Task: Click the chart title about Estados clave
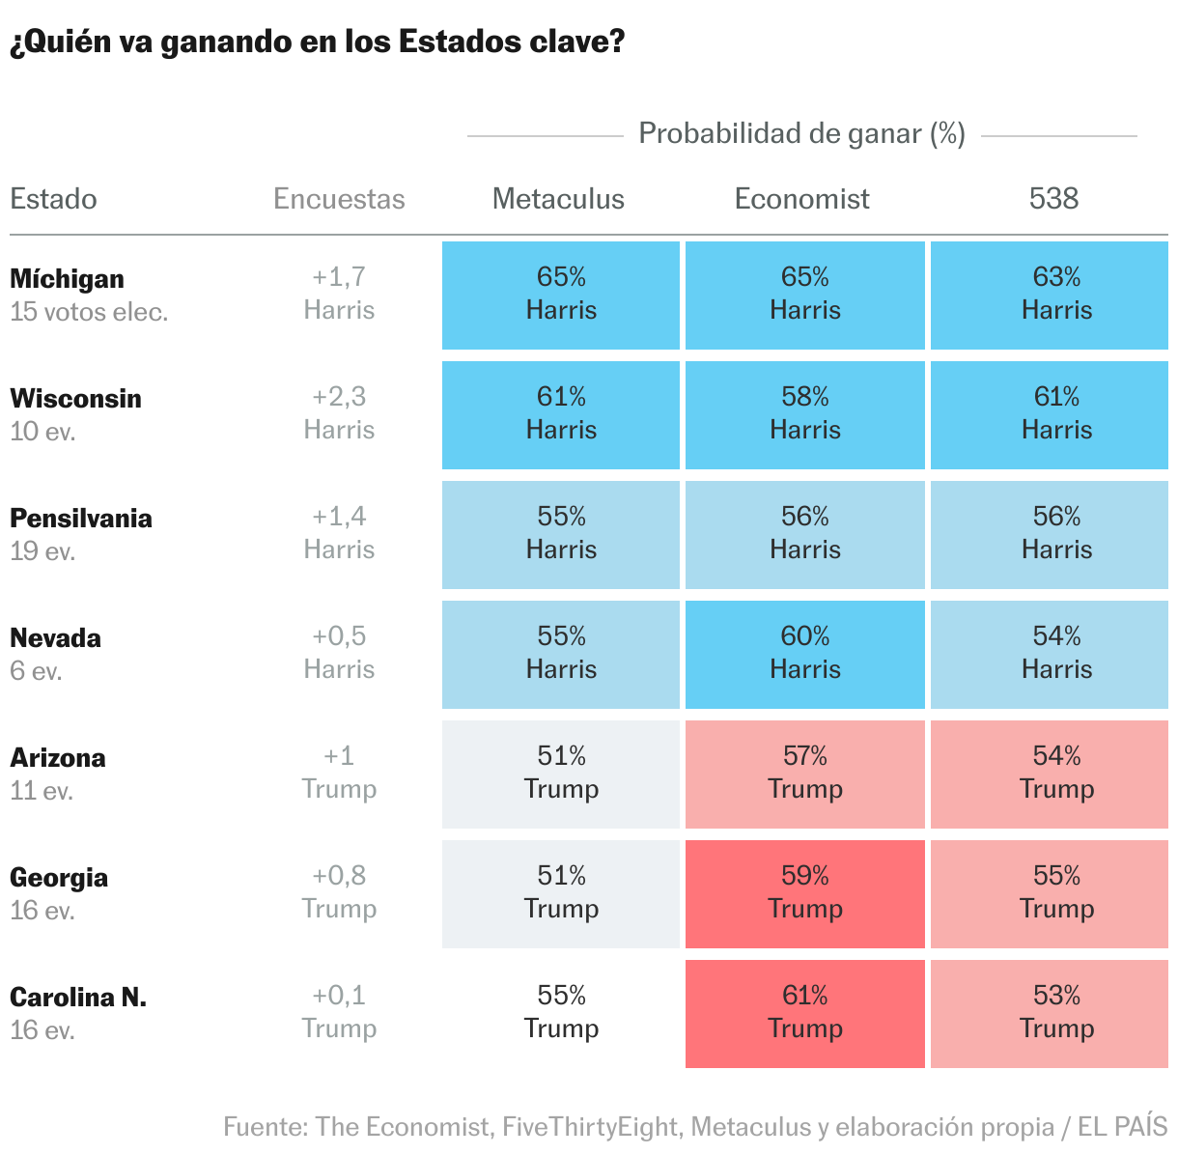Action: (x=317, y=42)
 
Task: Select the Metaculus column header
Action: (x=558, y=199)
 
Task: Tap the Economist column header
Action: (x=801, y=199)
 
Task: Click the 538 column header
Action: (x=1053, y=199)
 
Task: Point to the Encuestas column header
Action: (x=339, y=199)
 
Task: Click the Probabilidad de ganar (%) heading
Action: (x=801, y=133)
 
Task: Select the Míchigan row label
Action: (x=68, y=279)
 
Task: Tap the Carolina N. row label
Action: (x=78, y=998)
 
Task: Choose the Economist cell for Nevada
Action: (x=804, y=654)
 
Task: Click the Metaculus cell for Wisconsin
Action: (x=561, y=414)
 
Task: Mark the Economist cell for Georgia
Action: (x=804, y=893)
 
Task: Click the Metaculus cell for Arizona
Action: (x=561, y=774)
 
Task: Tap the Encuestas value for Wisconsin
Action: (x=339, y=413)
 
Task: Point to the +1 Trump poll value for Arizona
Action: (x=339, y=773)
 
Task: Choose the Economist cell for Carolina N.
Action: (x=804, y=1013)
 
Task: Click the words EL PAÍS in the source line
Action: (x=1123, y=1127)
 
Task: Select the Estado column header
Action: (x=54, y=199)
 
